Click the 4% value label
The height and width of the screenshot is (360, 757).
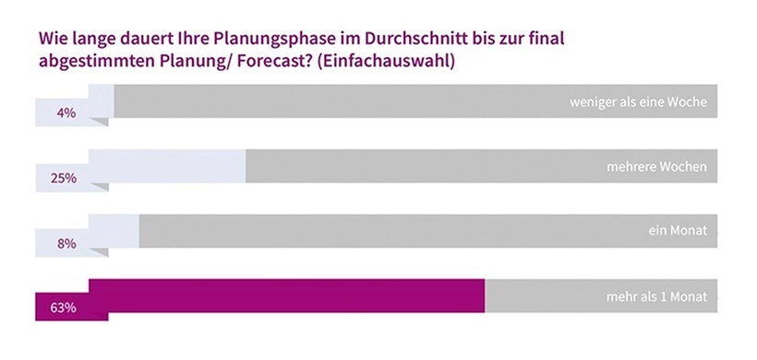click(66, 114)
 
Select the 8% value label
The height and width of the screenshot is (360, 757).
click(66, 244)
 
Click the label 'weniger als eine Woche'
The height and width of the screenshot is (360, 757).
click(638, 102)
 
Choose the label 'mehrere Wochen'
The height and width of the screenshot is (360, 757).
click(657, 167)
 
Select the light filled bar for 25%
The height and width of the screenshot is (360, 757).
click(166, 166)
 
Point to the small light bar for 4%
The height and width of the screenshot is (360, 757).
click(101, 101)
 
